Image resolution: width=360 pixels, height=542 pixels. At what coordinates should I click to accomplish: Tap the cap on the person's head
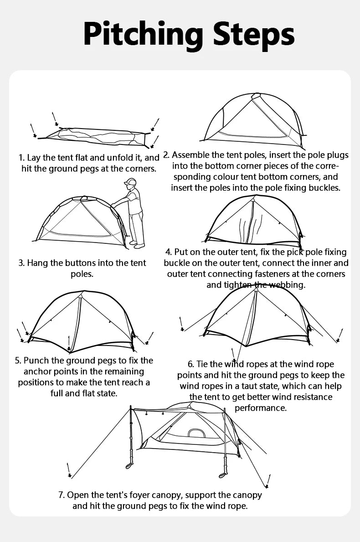click(x=130, y=182)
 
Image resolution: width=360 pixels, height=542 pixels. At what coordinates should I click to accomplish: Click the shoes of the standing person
click(x=137, y=245)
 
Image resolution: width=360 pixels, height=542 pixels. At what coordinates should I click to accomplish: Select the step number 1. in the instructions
click(x=21, y=158)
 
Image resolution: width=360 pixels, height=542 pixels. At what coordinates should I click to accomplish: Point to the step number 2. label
click(x=166, y=155)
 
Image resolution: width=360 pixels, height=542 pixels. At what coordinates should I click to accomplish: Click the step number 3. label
click(x=21, y=263)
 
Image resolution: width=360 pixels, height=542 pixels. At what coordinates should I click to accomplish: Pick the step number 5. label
click(x=18, y=361)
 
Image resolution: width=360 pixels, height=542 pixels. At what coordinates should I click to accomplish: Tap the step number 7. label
click(x=62, y=495)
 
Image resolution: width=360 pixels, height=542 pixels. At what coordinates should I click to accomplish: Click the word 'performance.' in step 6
click(x=260, y=408)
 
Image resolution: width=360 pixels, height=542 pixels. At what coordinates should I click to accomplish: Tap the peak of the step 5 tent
click(x=81, y=295)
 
